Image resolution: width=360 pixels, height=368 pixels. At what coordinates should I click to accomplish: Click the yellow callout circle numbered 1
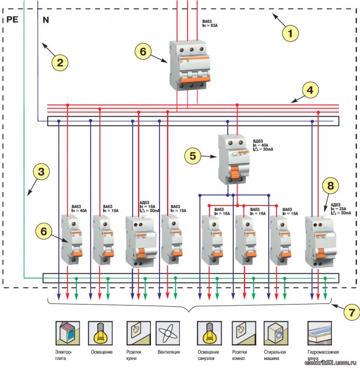point(291,33)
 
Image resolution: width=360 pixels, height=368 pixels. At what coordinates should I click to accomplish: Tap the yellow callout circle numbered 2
point(60,62)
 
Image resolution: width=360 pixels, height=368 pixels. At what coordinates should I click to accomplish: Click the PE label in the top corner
point(12,20)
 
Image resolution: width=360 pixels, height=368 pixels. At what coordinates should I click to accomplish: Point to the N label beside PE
point(45,20)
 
